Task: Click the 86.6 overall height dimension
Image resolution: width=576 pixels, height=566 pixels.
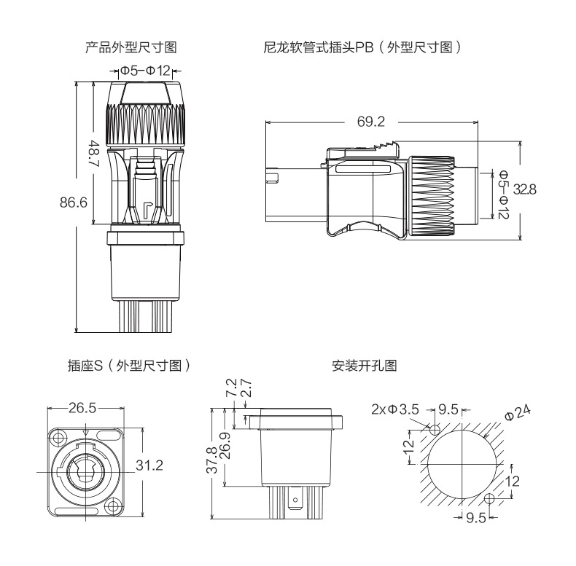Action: click(74, 202)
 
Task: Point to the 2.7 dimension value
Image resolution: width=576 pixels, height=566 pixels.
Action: click(246, 387)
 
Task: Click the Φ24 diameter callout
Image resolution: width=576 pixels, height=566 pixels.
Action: click(516, 412)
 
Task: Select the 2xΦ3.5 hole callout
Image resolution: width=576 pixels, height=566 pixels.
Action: click(394, 409)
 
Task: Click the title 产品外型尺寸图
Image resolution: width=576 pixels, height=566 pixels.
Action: click(131, 48)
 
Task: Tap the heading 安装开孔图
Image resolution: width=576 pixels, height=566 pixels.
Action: click(364, 366)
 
